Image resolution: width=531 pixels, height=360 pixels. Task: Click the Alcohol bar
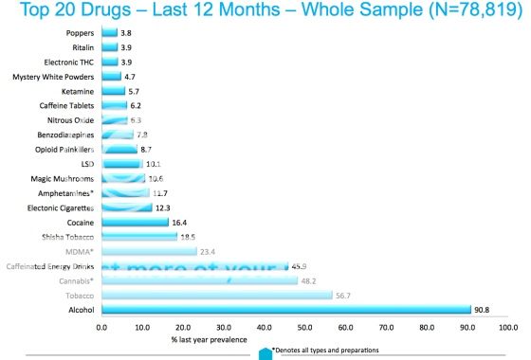(x=285, y=310)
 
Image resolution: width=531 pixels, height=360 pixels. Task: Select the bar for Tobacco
(x=217, y=296)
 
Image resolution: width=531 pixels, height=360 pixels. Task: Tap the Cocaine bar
(x=135, y=223)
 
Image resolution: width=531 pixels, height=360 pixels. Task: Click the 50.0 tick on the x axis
(x=304, y=328)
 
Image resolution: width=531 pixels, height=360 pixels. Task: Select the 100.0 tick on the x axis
(x=507, y=328)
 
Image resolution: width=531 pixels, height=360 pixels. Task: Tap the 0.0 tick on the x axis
(x=102, y=328)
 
